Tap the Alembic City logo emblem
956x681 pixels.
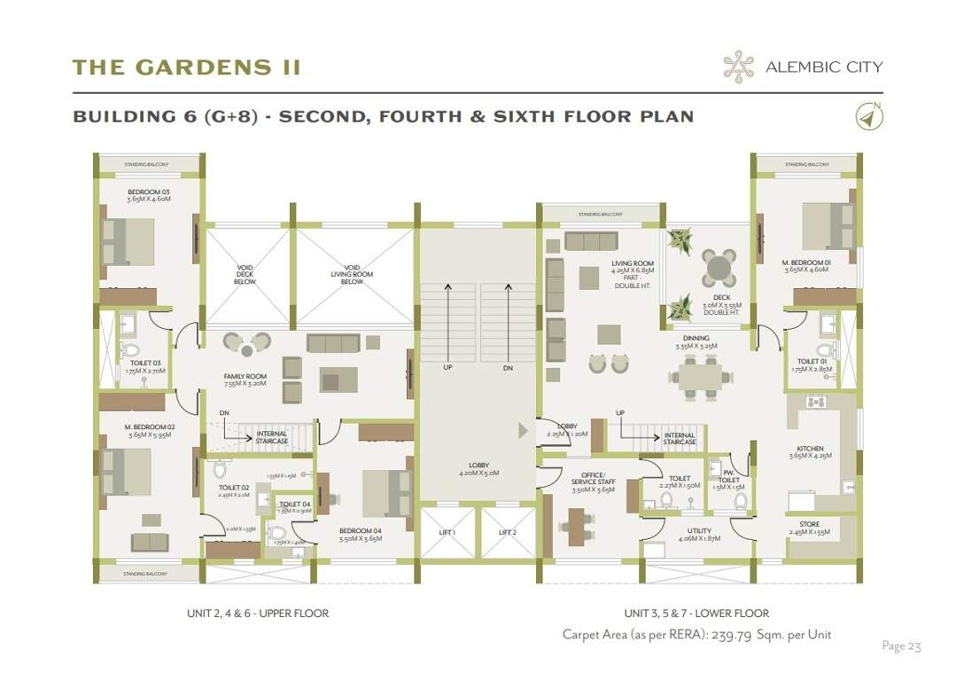click(737, 67)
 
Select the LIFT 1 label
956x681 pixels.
click(448, 532)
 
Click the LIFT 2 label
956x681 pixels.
click(507, 532)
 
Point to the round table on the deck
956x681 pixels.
click(719, 265)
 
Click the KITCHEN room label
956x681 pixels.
click(810, 449)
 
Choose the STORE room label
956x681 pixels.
click(809, 525)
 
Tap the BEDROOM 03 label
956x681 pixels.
click(148, 192)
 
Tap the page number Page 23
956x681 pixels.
click(901, 646)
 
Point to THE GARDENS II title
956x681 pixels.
click(186, 67)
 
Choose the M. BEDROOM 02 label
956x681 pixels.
click(150, 427)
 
